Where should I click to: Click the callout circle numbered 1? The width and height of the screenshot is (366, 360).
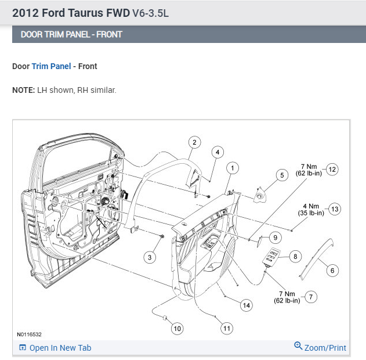click(x=233, y=168)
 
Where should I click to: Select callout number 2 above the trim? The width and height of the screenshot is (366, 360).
click(x=194, y=142)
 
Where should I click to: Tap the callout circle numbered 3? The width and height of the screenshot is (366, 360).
click(x=150, y=257)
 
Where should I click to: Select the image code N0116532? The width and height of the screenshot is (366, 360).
click(x=29, y=334)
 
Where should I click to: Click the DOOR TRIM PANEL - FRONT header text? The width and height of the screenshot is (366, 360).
click(x=71, y=34)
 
